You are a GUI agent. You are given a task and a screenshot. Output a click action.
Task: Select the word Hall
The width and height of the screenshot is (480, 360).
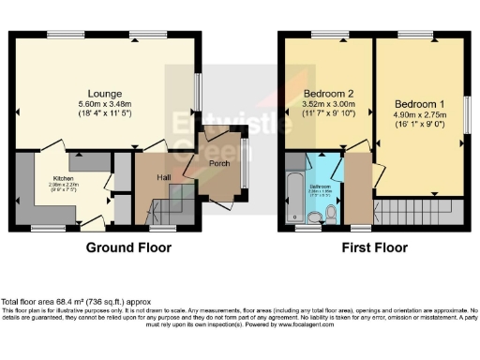click(163, 176)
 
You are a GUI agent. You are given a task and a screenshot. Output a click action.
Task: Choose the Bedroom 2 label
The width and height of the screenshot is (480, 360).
click(328, 93)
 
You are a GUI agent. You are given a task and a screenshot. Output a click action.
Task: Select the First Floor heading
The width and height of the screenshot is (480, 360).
click(370, 248)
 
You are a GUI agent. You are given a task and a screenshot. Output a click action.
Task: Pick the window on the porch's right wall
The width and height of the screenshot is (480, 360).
click(243, 164)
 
